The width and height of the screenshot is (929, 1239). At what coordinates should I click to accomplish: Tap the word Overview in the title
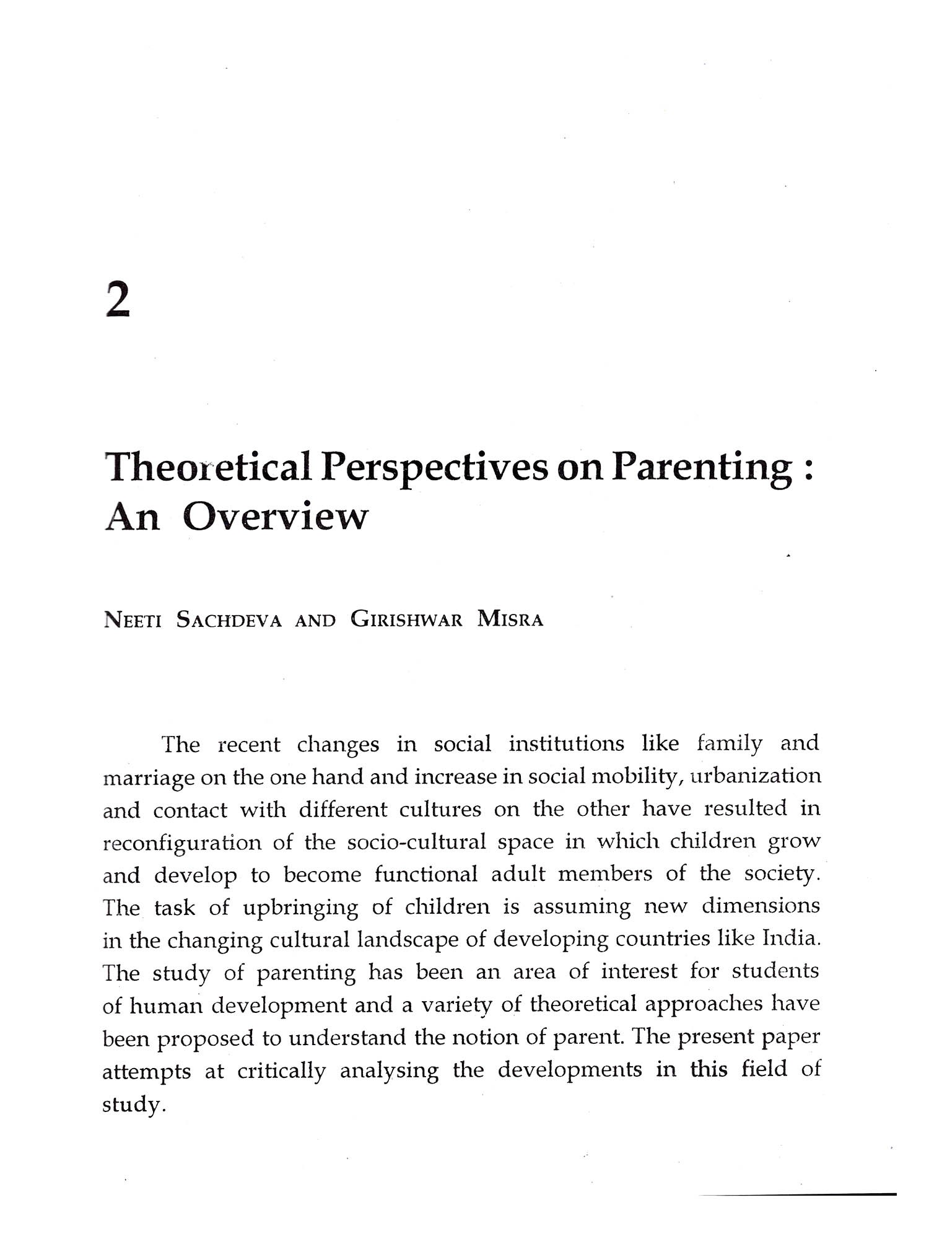pos(275,517)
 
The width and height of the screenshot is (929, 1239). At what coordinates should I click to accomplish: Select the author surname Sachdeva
pos(229,619)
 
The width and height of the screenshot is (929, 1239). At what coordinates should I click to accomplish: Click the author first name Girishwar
pos(406,619)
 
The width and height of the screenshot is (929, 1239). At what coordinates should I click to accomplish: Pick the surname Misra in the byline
pos(510,619)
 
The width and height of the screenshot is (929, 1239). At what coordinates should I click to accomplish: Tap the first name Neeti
pos(133,619)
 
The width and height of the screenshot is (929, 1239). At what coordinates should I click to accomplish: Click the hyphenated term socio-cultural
pos(416,843)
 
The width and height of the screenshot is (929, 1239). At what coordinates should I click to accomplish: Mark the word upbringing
pos(300,908)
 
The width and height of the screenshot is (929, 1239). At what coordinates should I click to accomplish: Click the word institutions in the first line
pos(566,743)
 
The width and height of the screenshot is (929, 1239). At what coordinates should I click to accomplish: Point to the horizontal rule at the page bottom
pos(797,1194)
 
